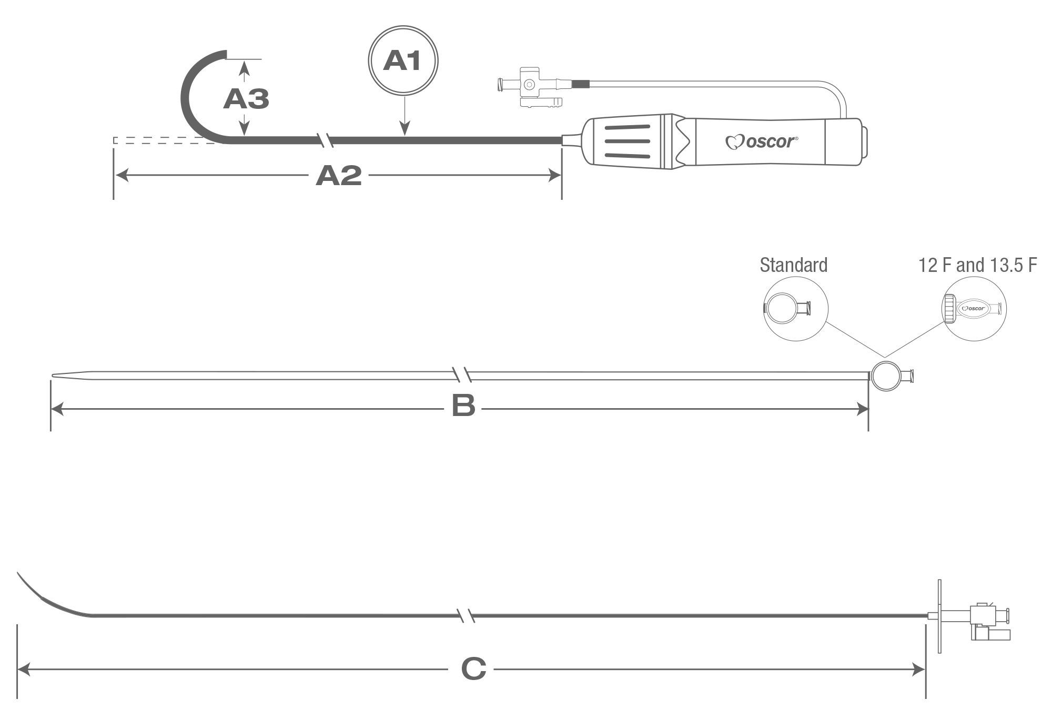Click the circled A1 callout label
(x=403, y=60)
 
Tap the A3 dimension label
(x=246, y=98)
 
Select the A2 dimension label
(x=338, y=176)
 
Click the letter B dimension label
(x=463, y=407)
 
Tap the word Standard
(x=793, y=265)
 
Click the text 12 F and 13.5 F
(x=977, y=265)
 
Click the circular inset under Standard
(x=795, y=309)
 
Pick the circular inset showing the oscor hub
(x=974, y=309)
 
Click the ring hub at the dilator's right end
(x=884, y=376)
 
